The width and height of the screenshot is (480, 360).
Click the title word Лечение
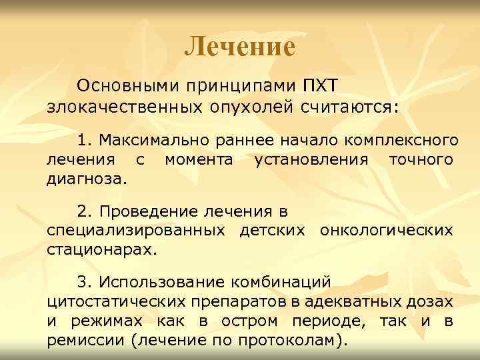pyautogui.click(x=239, y=46)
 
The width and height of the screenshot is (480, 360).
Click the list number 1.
pyautogui.click(x=83, y=140)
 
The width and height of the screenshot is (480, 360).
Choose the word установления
pyautogui.click(x=311, y=160)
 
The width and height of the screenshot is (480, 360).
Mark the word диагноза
pyautogui.click(x=86, y=179)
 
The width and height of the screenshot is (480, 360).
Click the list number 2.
pyautogui.click(x=83, y=212)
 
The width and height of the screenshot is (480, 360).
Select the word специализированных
pyautogui.click(x=139, y=231)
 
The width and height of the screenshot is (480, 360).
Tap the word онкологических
pyautogui.click(x=387, y=231)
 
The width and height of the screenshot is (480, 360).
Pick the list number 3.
pyautogui.click(x=83, y=283)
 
